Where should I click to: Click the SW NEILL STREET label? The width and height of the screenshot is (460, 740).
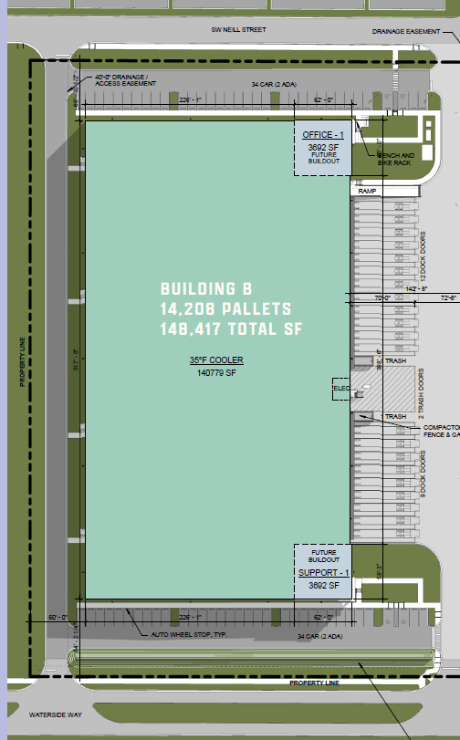pyautogui.click(x=238, y=29)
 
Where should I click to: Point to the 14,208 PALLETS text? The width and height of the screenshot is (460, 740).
pyautogui.click(x=226, y=308)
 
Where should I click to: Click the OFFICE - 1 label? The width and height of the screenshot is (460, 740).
pyautogui.click(x=323, y=135)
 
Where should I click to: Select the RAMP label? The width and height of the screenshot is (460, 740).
pyautogui.click(x=367, y=191)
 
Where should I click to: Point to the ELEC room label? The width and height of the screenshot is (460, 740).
pyautogui.click(x=342, y=389)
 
